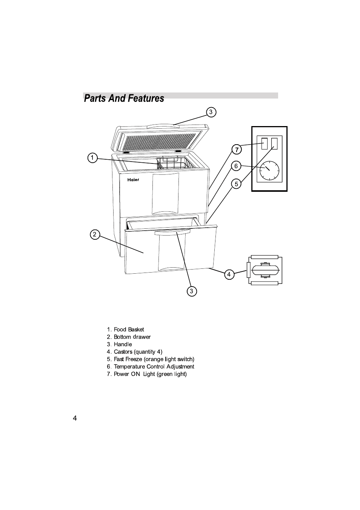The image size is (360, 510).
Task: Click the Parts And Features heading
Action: pyautogui.click(x=124, y=99)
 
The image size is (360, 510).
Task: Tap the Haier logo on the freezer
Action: pyautogui.click(x=133, y=180)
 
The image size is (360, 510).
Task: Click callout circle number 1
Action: pyautogui.click(x=92, y=158)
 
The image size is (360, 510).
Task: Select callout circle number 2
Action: pyautogui.click(x=95, y=234)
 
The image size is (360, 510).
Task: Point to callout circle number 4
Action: pyautogui.click(x=229, y=274)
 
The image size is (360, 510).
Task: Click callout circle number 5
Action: pyautogui.click(x=236, y=184)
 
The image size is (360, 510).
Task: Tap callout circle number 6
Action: pyautogui.click(x=236, y=166)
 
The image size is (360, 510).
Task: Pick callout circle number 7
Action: pyautogui.click(x=236, y=149)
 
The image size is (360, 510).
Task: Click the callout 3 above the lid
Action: pyautogui.click(x=211, y=112)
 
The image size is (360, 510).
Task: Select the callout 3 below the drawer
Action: pyautogui.click(x=192, y=291)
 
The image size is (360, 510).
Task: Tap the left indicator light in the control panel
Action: pyautogui.click(x=265, y=143)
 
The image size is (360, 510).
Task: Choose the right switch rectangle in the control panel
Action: pyautogui.click(x=274, y=143)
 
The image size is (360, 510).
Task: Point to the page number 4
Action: pyautogui.click(x=75, y=418)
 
